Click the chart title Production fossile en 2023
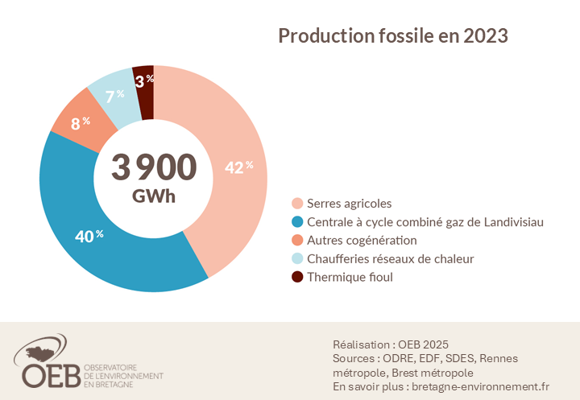[x=392, y=36]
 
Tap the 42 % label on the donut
[x=238, y=167]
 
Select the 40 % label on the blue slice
[x=89, y=236]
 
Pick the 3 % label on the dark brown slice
[x=143, y=80]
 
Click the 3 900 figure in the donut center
[x=154, y=167]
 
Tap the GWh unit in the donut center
[x=154, y=196]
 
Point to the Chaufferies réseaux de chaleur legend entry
[x=391, y=259]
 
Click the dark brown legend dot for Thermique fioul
[x=297, y=278]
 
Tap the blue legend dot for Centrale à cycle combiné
[x=297, y=222]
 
